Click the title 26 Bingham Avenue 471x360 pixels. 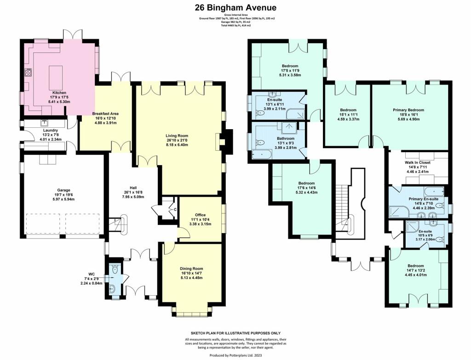point(235,7)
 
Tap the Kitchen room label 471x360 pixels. point(59,93)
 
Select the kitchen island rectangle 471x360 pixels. point(56,77)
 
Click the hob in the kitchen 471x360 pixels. point(28,73)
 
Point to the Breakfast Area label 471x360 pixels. point(105,114)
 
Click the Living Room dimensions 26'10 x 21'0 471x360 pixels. point(179,140)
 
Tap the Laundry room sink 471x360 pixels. point(44,123)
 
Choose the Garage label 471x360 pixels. point(63,190)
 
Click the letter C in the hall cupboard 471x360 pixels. point(174,210)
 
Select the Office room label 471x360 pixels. point(200,215)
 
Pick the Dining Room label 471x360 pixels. point(191,269)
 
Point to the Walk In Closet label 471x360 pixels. point(417,162)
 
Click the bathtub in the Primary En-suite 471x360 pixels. point(434,191)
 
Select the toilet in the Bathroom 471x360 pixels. point(260,143)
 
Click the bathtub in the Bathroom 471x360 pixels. point(262,154)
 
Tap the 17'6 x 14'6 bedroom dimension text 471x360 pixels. point(306,188)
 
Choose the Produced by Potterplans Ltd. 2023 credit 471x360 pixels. point(235,355)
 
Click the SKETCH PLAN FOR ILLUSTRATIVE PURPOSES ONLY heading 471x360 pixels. point(236,333)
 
